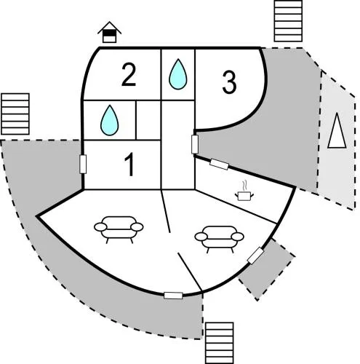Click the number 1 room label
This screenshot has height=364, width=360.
pyautogui.click(x=129, y=165)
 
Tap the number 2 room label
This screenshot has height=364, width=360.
pyautogui.click(x=129, y=74)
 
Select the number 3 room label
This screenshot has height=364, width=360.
pyautogui.click(x=229, y=82)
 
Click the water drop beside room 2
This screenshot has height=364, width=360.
pyautogui.click(x=178, y=74)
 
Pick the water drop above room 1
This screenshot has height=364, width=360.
pyautogui.click(x=110, y=120)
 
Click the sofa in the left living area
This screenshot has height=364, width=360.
pyautogui.click(x=119, y=229)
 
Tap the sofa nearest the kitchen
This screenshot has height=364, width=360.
pyautogui.click(x=220, y=239)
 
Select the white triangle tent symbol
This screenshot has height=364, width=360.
pyautogui.click(x=337, y=131)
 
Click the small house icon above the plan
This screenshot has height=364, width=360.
pyautogui.click(x=110, y=32)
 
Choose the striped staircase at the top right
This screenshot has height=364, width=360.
pyautogui.click(x=288, y=21)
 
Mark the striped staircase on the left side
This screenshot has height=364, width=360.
pyautogui.click(x=15, y=114)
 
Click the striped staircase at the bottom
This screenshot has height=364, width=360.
pyautogui.click(x=220, y=343)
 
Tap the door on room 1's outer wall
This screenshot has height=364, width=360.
pyautogui.click(x=83, y=165)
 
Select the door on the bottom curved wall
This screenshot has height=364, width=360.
pyautogui.click(x=173, y=296)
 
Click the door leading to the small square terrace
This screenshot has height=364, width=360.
pyautogui.click(x=255, y=256)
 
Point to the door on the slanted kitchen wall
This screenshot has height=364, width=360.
pyautogui.click(x=219, y=165)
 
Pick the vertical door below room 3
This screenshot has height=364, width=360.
pyautogui.click(x=195, y=144)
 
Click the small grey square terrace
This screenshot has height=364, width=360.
pyautogui.click(x=267, y=269)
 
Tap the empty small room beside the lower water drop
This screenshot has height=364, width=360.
pyautogui.click(x=148, y=120)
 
